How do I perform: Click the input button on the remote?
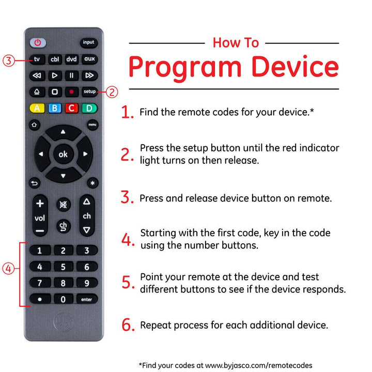88,43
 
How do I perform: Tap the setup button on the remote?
89,92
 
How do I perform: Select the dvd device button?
71,59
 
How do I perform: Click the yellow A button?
37,109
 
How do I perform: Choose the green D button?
89,109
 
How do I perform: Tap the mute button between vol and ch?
64,205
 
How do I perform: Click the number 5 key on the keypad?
63,267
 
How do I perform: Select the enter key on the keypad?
87,299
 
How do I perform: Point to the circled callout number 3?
9,60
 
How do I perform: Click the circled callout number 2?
112,92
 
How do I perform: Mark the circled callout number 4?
8,269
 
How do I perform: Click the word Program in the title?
185,68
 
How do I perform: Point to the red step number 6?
128,325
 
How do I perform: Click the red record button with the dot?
71,92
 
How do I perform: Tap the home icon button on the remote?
34,125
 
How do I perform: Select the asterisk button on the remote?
92,183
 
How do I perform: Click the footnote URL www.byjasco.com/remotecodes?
259,365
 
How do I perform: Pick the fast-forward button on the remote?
89,75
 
